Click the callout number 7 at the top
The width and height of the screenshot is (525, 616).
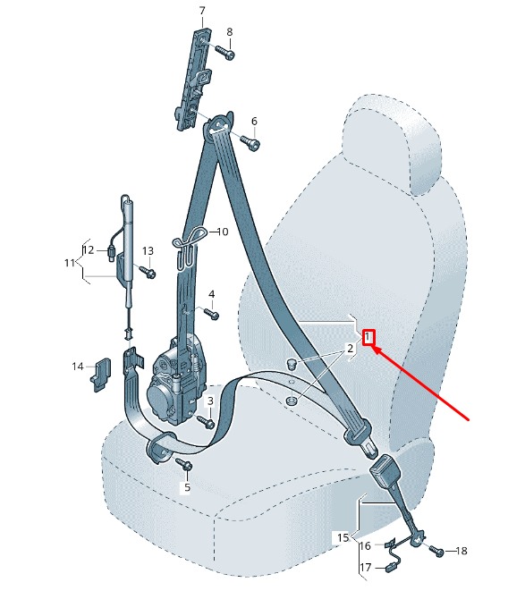click(x=202, y=11)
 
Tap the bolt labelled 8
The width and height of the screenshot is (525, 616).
click(x=224, y=52)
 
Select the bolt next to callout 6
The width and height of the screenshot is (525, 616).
click(x=250, y=143)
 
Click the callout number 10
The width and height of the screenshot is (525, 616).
click(x=223, y=232)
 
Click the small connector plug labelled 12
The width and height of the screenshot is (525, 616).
click(x=111, y=252)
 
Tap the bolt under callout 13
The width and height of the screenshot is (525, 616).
click(x=147, y=271)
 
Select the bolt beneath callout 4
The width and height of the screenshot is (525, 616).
click(x=211, y=314)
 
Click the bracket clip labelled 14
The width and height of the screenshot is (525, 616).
click(x=100, y=375)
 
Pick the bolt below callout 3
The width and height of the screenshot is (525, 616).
click(x=206, y=421)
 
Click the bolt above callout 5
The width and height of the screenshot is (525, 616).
click(x=184, y=464)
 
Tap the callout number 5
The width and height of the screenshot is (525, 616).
click(x=187, y=487)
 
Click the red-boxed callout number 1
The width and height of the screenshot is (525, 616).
click(x=368, y=337)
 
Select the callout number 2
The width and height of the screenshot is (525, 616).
click(x=350, y=349)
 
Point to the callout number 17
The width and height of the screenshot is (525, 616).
click(x=365, y=568)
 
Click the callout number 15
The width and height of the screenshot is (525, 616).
click(x=343, y=537)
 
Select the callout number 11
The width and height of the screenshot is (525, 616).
click(x=70, y=263)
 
